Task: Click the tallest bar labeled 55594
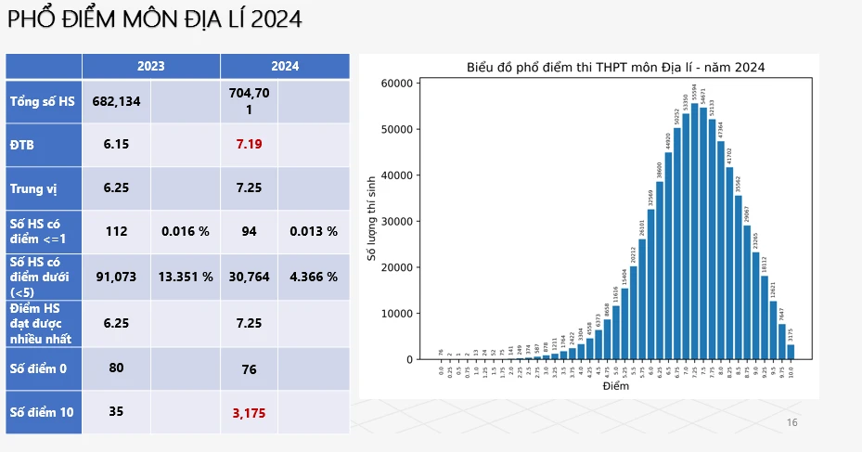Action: click(x=694, y=232)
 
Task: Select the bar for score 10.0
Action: click(x=791, y=353)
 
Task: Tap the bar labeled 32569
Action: click(x=650, y=284)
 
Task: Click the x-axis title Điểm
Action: click(x=615, y=386)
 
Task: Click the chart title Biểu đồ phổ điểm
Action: click(x=615, y=67)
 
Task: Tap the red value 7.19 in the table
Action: click(x=249, y=145)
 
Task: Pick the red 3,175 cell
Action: click(x=249, y=411)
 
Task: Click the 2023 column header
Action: click(x=151, y=66)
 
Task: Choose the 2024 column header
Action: click(x=285, y=66)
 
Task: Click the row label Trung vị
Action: click(x=33, y=188)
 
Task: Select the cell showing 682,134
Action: click(x=116, y=101)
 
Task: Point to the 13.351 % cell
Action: click(x=186, y=277)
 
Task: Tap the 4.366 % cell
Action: click(x=314, y=277)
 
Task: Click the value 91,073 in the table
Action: click(x=116, y=277)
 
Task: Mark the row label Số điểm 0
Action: click(x=39, y=368)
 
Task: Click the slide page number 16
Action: click(x=791, y=423)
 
